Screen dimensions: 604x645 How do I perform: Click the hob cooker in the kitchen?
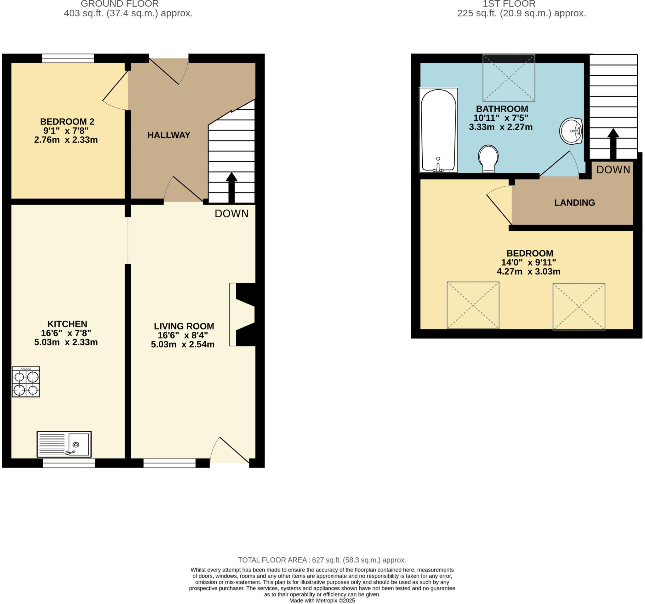tap(26, 381)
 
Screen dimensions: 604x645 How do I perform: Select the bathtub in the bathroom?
tap(438, 130)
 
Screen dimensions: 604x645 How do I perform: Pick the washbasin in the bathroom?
tap(571, 131)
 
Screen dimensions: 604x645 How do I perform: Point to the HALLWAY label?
tap(169, 135)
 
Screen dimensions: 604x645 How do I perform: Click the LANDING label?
tap(574, 203)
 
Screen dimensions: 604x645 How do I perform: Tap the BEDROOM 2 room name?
tap(67, 122)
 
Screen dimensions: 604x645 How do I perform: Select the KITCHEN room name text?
tap(67, 324)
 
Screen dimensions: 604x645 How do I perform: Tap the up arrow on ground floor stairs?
tap(231, 187)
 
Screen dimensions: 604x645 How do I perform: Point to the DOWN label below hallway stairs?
tap(231, 213)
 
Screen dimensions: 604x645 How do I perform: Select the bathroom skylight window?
tap(508, 78)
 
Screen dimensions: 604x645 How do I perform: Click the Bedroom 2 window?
tap(68, 58)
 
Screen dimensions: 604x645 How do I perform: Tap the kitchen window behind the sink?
tap(69, 463)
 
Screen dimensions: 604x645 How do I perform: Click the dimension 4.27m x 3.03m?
tap(528, 271)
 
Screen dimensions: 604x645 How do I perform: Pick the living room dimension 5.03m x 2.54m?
tap(183, 345)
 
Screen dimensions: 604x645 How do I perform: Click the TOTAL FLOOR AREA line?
tap(322, 560)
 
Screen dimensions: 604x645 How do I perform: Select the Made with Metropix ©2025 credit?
tap(322, 601)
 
